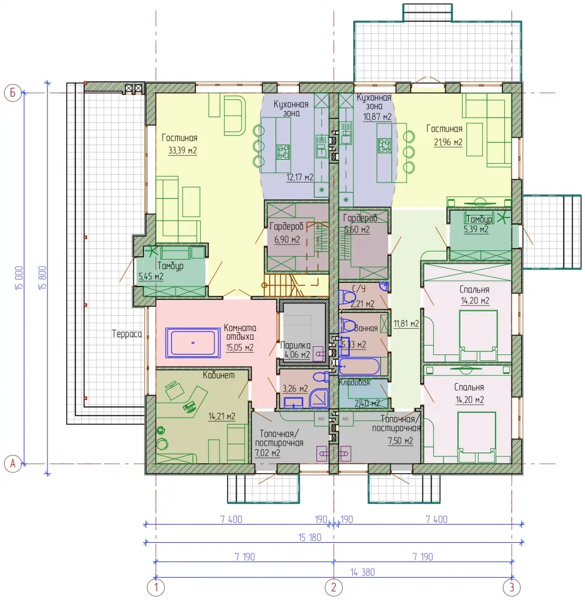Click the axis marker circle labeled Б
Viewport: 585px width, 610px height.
click(x=12, y=93)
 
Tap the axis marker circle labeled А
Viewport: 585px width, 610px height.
click(x=12, y=464)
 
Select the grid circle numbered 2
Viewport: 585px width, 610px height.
click(x=333, y=587)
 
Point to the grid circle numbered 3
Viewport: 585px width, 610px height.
click(x=511, y=587)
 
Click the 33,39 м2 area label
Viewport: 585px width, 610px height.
click(x=183, y=150)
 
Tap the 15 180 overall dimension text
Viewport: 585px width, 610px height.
click(x=310, y=537)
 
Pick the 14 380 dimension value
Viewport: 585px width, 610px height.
click(x=362, y=572)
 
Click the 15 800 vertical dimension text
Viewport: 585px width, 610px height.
click(x=43, y=277)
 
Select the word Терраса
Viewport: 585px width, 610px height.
click(x=127, y=334)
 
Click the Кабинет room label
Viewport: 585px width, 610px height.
click(x=219, y=375)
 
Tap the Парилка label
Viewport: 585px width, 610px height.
click(x=295, y=345)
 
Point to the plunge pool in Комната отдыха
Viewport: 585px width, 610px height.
click(x=193, y=342)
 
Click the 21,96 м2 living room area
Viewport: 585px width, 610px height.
click(x=448, y=142)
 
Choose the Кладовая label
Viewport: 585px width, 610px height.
click(x=354, y=382)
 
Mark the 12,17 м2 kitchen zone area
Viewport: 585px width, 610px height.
click(x=300, y=177)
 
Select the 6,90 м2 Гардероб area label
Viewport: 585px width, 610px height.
click(x=287, y=239)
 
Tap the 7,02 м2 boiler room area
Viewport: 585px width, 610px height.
click(x=267, y=453)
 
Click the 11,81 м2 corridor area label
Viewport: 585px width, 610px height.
click(x=406, y=323)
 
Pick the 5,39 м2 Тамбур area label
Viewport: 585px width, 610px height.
click(x=476, y=229)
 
